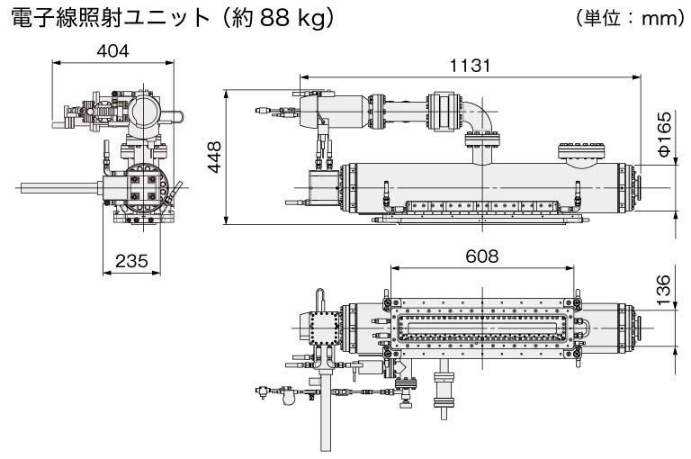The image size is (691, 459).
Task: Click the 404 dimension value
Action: pos(112,51)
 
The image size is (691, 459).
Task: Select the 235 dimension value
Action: pos(131,261)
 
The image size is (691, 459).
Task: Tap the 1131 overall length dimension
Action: pos(470,66)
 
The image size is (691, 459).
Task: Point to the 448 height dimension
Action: pos(215,157)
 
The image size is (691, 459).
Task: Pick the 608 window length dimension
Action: pos(482,256)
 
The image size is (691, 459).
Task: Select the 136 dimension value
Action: pos(663,290)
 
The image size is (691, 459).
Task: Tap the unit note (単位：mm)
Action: pos(629,18)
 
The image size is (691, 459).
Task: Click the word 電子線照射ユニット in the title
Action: pos(110,18)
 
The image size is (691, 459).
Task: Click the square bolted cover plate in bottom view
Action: pos(324,328)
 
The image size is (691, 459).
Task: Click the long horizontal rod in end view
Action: pos(59,187)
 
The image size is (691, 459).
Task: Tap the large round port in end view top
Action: pos(145,111)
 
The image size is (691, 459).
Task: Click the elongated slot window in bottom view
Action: pos(482,328)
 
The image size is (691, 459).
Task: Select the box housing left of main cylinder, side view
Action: pos(324,188)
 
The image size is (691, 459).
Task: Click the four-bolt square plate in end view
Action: pos(144,188)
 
